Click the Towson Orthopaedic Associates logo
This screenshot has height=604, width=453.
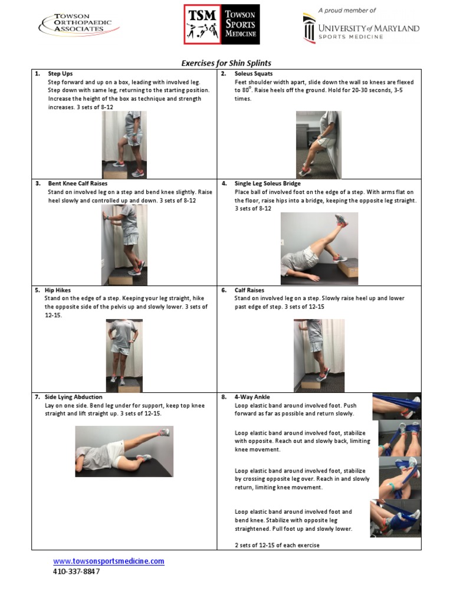[x=78, y=25]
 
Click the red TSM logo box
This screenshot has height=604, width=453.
[x=202, y=25]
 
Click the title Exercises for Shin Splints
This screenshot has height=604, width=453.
[x=226, y=63]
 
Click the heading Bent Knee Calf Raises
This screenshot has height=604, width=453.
[x=77, y=183]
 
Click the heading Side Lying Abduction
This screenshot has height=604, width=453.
[x=73, y=397]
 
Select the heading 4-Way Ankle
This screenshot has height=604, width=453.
[x=252, y=397]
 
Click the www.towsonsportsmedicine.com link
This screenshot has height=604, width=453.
[x=109, y=561]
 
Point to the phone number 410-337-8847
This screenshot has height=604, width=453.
[x=77, y=572]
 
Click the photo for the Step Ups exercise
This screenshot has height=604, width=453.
[x=124, y=145]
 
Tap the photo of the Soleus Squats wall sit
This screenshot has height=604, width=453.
[x=318, y=145]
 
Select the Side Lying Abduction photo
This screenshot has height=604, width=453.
[x=124, y=451]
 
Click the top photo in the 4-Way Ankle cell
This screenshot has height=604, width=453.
[x=396, y=406]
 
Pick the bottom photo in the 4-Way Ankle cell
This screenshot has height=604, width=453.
[x=396, y=517]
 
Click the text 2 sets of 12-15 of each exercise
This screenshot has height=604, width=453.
[x=277, y=545]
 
